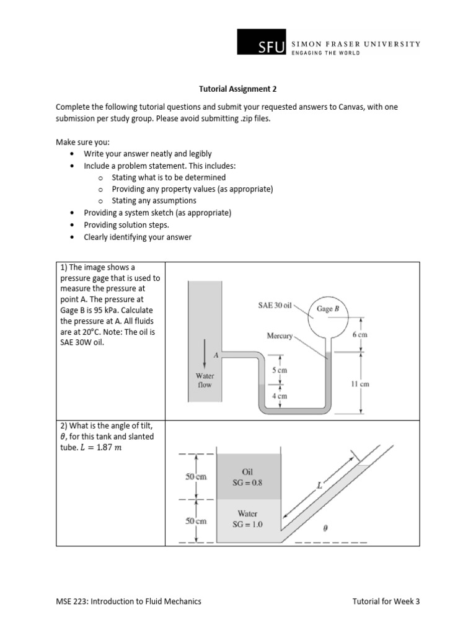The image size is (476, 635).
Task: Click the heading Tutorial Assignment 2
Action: click(237, 89)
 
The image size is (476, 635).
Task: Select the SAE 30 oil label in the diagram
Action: click(275, 305)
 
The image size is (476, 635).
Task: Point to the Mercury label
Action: click(280, 335)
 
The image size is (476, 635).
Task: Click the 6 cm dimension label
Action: click(360, 334)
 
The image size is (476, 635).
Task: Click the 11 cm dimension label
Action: click(359, 384)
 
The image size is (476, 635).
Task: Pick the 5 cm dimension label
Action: click(280, 370)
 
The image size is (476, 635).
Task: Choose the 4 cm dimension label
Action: click(280, 395)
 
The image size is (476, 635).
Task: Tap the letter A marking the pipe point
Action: click(215, 355)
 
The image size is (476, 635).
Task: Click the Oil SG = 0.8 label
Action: click(247, 477)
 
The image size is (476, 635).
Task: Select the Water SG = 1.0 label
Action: click(247, 518)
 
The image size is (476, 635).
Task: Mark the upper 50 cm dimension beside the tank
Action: click(196, 477)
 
